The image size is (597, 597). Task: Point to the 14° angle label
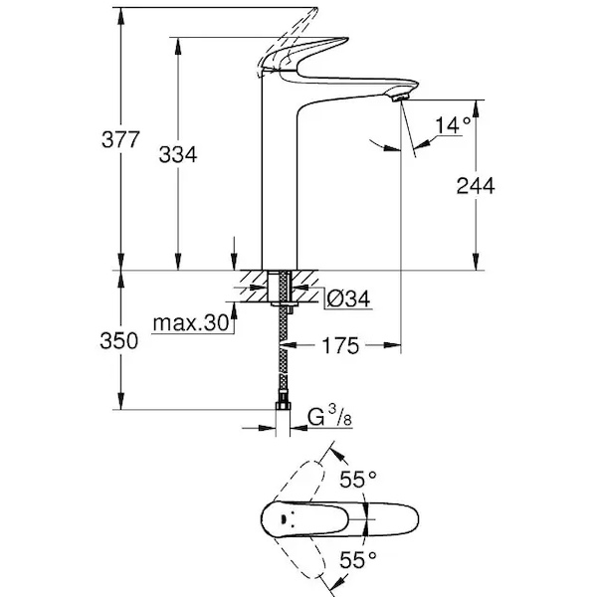[452, 125]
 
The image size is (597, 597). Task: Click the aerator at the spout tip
[401, 95]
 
